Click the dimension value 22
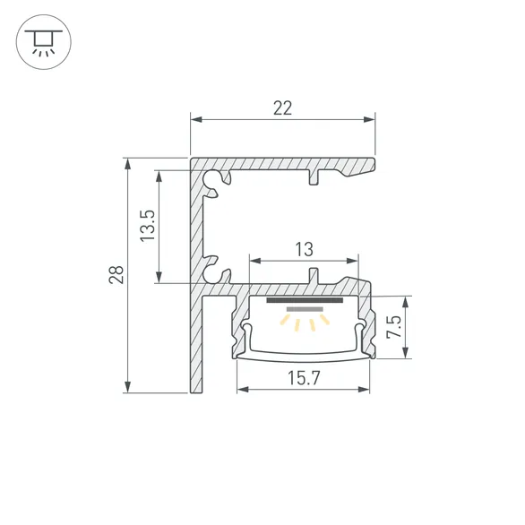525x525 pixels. point(282,108)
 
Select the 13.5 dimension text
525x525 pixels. point(149,226)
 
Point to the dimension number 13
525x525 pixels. point(306,249)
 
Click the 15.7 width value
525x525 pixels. point(304,377)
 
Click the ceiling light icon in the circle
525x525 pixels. point(42,42)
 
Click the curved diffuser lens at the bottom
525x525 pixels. point(304,352)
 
